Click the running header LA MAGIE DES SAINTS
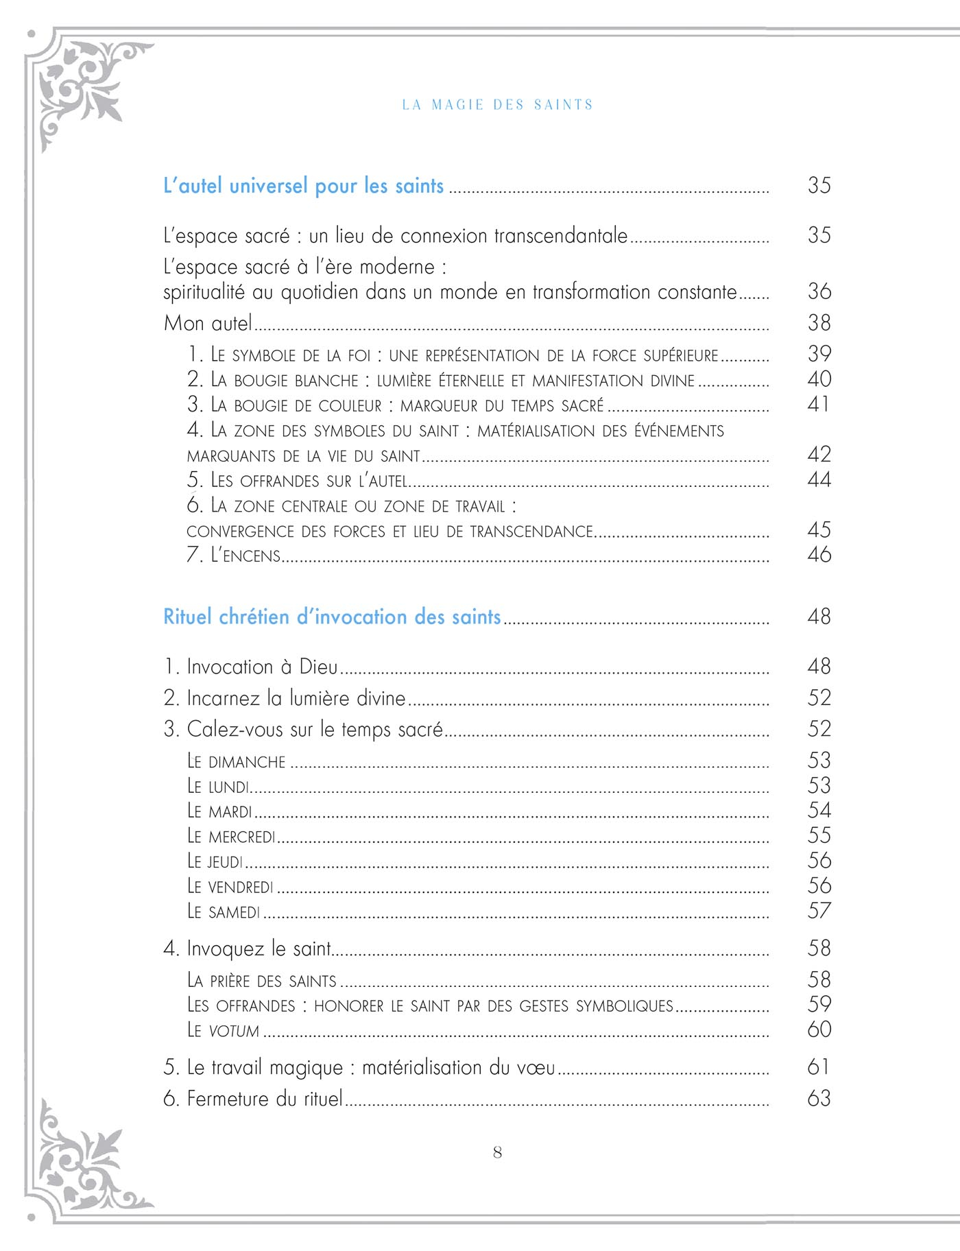(x=497, y=105)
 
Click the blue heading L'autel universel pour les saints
(x=304, y=186)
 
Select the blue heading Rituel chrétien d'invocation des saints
(x=333, y=617)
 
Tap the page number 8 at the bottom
(x=497, y=1152)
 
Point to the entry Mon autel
(x=208, y=323)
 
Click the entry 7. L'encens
(x=234, y=555)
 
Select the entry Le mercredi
(x=231, y=836)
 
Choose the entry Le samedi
(x=224, y=912)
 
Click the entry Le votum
(x=224, y=1030)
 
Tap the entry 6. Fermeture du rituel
(x=253, y=1099)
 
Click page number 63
(x=819, y=1099)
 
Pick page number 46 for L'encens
(x=819, y=554)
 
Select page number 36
(x=819, y=291)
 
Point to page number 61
(x=819, y=1067)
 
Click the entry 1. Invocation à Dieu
(x=251, y=667)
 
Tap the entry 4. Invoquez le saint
(x=248, y=949)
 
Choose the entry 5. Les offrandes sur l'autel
(x=298, y=480)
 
